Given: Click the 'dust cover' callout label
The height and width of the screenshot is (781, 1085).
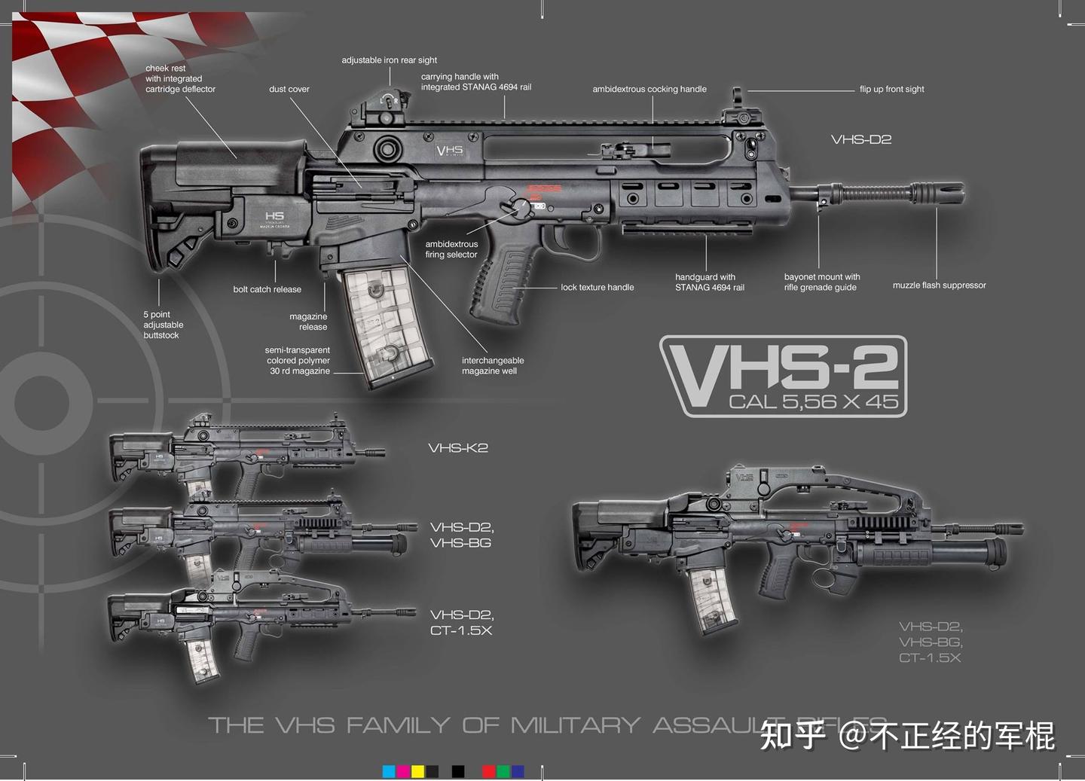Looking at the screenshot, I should [x=289, y=89].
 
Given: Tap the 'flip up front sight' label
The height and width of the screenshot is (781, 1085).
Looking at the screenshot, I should [x=891, y=89].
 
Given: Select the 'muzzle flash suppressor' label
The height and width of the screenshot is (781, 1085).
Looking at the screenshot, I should [x=939, y=285].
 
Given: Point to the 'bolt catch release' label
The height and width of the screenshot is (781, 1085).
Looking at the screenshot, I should [x=267, y=289].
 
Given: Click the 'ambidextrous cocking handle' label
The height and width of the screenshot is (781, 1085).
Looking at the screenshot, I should [x=649, y=89].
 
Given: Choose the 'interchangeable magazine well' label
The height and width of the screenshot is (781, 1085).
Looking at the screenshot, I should [x=492, y=365].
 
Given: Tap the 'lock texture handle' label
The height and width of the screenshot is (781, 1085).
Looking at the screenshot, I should [x=597, y=287].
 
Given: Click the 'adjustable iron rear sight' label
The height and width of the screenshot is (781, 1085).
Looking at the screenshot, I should [x=389, y=60].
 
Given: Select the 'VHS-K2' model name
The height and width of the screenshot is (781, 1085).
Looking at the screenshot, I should [x=458, y=448].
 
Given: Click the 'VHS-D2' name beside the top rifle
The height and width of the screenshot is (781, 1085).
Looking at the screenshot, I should [x=860, y=139].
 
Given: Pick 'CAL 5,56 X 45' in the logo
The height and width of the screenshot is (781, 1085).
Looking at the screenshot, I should [x=813, y=401].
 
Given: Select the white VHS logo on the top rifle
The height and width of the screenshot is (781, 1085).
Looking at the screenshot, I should [x=450, y=151].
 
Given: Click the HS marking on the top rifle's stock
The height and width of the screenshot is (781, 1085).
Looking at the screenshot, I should [x=274, y=217].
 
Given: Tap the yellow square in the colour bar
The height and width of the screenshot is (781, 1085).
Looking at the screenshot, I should [x=417, y=771].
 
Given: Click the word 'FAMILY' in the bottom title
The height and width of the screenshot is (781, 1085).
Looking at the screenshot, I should [x=399, y=725].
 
